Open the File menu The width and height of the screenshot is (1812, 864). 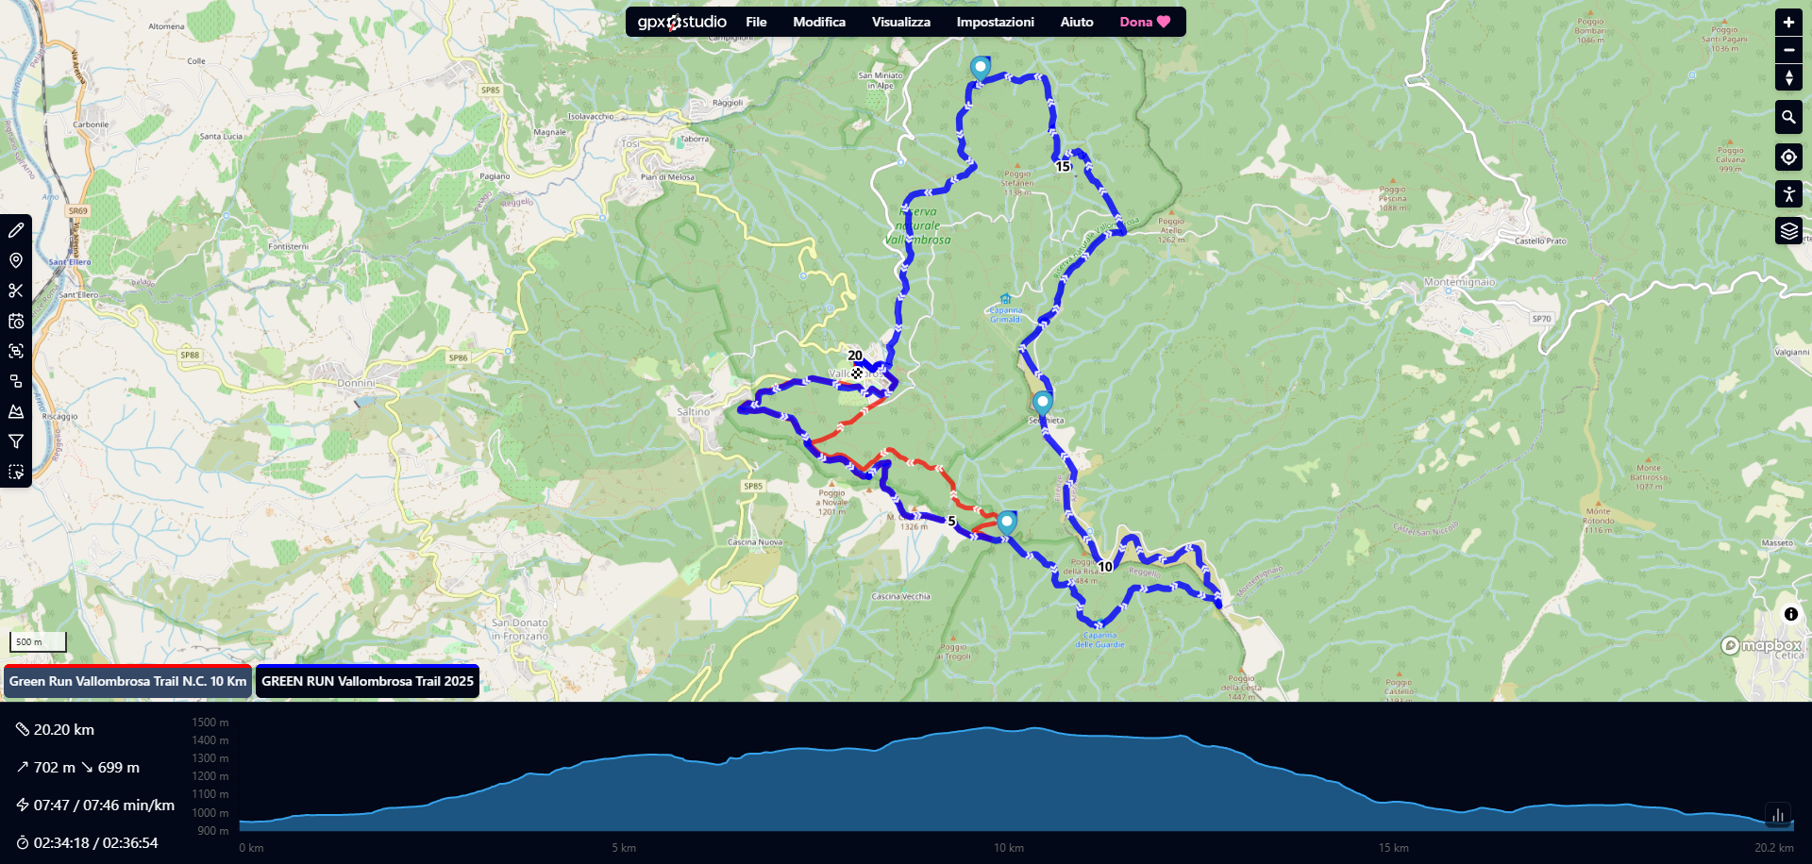[756, 22]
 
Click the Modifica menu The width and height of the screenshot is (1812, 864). [818, 22]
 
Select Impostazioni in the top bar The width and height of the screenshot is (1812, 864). [995, 22]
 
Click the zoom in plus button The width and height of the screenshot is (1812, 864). [1788, 23]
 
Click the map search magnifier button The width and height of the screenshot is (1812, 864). [1788, 117]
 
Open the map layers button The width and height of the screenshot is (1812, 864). [1788, 231]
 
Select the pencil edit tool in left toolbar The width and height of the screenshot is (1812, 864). [16, 230]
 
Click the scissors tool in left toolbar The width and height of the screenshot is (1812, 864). [16, 291]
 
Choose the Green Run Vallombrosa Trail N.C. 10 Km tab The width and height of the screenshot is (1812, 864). [127, 681]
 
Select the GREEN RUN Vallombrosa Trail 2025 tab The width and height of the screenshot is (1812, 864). [367, 681]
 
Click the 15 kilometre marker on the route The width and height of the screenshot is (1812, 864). [1063, 167]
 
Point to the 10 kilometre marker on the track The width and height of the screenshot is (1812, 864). [1105, 567]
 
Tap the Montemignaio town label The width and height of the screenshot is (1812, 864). [1459, 282]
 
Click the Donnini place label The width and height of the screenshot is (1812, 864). [356, 383]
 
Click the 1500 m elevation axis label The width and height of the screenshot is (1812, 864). [210, 723]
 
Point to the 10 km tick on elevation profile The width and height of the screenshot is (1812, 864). [1008, 848]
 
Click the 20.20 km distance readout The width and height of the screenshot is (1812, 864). [63, 730]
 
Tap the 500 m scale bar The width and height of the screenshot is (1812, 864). [38, 642]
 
